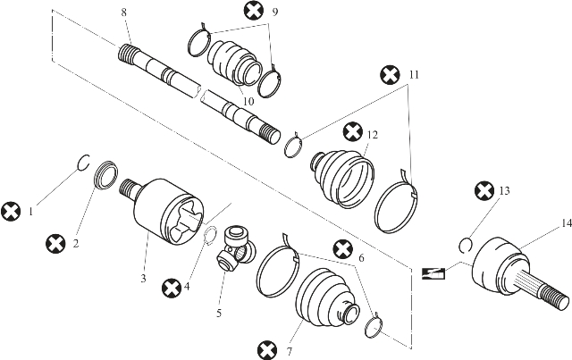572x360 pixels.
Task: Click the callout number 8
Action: click(x=124, y=13)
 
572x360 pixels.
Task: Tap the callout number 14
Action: click(x=566, y=223)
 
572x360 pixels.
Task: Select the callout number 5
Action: click(x=219, y=313)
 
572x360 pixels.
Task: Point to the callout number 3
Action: click(x=143, y=279)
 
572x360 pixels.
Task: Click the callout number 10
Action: click(x=248, y=102)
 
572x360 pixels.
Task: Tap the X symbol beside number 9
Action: click(x=254, y=11)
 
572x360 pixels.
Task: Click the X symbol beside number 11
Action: click(x=390, y=75)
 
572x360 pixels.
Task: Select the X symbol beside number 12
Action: click(x=353, y=132)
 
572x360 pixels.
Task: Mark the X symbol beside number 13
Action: click(x=484, y=191)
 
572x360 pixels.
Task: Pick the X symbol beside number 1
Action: click(x=11, y=212)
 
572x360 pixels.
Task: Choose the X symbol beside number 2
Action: click(x=55, y=244)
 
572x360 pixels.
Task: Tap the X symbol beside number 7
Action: click(x=267, y=350)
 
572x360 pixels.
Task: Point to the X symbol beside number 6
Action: click(x=343, y=250)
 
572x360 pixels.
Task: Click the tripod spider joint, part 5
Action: click(x=236, y=248)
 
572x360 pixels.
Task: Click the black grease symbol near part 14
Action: click(x=433, y=273)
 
